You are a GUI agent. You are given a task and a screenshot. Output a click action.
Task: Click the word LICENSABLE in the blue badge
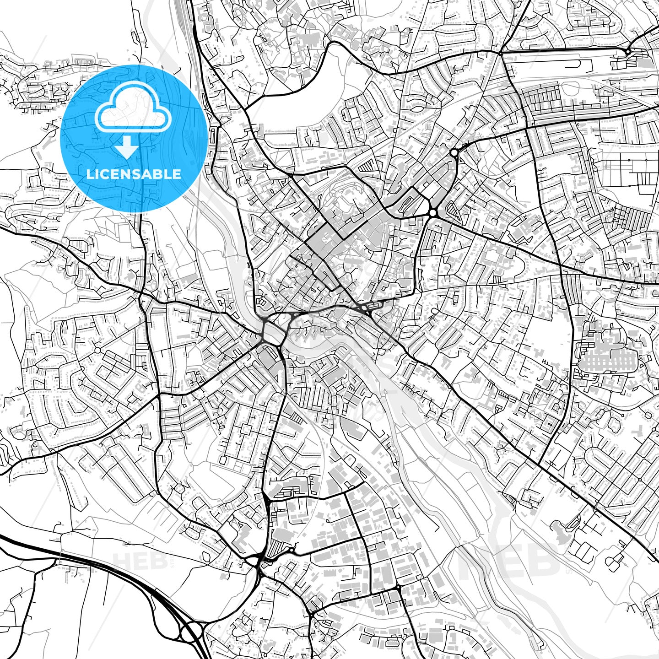click(x=134, y=174)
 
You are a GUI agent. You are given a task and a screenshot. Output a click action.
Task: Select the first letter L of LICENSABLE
click(x=90, y=174)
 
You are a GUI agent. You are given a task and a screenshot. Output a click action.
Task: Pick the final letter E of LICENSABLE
click(x=177, y=174)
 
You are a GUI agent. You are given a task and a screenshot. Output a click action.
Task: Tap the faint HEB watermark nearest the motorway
click(x=140, y=561)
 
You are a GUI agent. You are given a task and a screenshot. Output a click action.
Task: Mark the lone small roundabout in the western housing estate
click(x=97, y=351)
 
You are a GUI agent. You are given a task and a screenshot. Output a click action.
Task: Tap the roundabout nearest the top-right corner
click(x=628, y=52)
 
